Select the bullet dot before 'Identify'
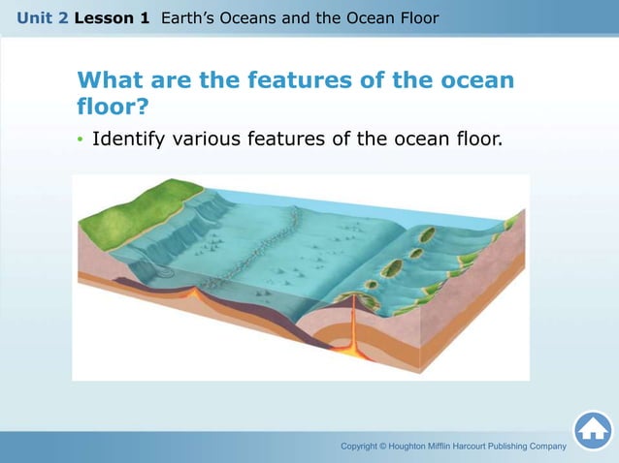[x=81, y=140]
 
